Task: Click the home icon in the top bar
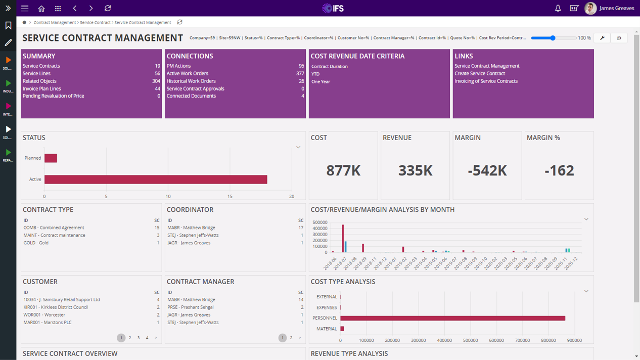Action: pyautogui.click(x=41, y=9)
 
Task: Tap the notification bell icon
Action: pyautogui.click(x=558, y=9)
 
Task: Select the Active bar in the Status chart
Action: pyautogui.click(x=156, y=179)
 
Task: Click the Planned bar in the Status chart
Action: pyautogui.click(x=51, y=158)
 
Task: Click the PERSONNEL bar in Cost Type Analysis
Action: pyautogui.click(x=452, y=318)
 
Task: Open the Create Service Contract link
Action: pyautogui.click(x=479, y=73)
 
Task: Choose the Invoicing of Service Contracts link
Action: pyautogui.click(x=486, y=81)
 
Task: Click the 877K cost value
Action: pyautogui.click(x=343, y=171)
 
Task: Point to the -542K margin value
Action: pyautogui.click(x=487, y=171)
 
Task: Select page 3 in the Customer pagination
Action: pyautogui.click(x=139, y=338)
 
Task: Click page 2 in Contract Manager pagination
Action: pyautogui.click(x=291, y=338)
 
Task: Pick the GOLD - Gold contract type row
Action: pyautogui.click(x=36, y=243)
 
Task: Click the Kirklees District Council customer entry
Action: pyautogui.click(x=56, y=307)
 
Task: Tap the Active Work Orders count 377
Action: pyautogui.click(x=300, y=73)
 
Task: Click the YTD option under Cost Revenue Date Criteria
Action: pyautogui.click(x=315, y=74)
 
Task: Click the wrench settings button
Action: pyautogui.click(x=602, y=38)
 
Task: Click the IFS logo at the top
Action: pyautogui.click(x=333, y=8)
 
